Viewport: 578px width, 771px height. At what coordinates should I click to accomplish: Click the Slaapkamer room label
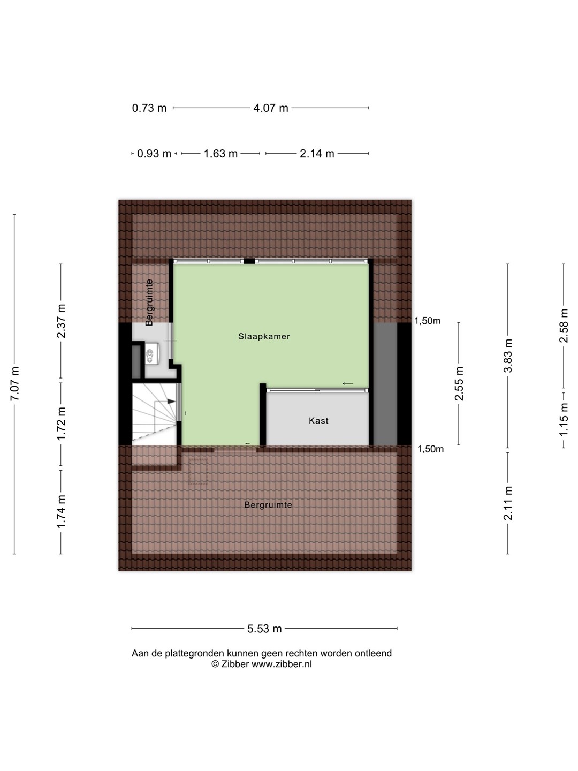pos(264,336)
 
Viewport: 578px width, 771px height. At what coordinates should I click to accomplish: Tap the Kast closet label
pos(318,420)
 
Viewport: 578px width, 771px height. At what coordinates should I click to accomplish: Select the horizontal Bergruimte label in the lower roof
pos(268,505)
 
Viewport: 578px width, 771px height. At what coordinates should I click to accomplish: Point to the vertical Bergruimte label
pos(149,302)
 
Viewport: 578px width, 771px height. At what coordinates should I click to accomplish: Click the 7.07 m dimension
pos(15,383)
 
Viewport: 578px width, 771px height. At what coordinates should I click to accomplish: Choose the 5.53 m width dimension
pos(264,629)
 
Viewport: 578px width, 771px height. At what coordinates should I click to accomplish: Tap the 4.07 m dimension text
pos(271,108)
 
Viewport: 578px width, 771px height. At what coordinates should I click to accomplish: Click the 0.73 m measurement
pos(149,108)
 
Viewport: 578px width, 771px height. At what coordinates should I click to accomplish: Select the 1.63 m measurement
pos(220,154)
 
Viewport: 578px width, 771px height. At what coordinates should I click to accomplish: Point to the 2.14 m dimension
pos(317,154)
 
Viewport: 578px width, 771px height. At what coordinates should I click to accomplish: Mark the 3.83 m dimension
pos(508,356)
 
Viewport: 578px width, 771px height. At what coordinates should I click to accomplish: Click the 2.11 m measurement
pos(508,503)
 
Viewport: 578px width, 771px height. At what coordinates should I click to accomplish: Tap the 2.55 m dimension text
pos(459,383)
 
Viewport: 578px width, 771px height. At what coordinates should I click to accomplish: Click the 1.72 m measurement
pos(61,424)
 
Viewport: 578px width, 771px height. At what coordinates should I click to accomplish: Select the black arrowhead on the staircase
pos(171,401)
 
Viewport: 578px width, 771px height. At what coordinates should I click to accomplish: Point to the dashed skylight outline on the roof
pos(198,471)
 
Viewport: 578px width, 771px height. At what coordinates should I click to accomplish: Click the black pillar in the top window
pos(249,261)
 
